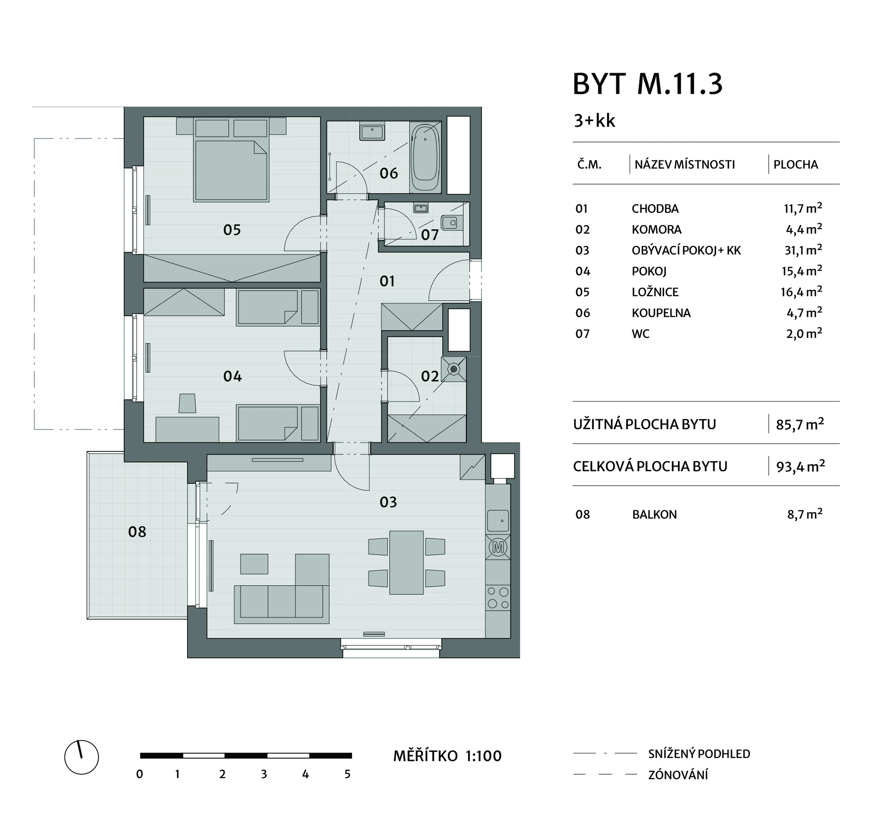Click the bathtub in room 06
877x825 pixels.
tap(425, 157)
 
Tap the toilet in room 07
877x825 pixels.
tap(452, 223)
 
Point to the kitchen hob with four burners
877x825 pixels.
tap(498, 598)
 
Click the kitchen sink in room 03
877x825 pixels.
tap(498, 521)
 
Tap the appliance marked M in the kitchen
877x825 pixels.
tap(498, 547)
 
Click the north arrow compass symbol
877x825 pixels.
tap(82, 757)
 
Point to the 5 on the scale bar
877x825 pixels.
tap(348, 774)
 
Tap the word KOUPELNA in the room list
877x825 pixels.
tap(661, 313)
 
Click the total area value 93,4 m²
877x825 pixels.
tap(800, 466)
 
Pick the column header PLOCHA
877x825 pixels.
tap(796, 164)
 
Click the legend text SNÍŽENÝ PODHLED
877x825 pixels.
tap(699, 754)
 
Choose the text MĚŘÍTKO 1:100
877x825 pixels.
tap(447, 756)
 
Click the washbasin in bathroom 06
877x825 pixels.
tap(372, 131)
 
